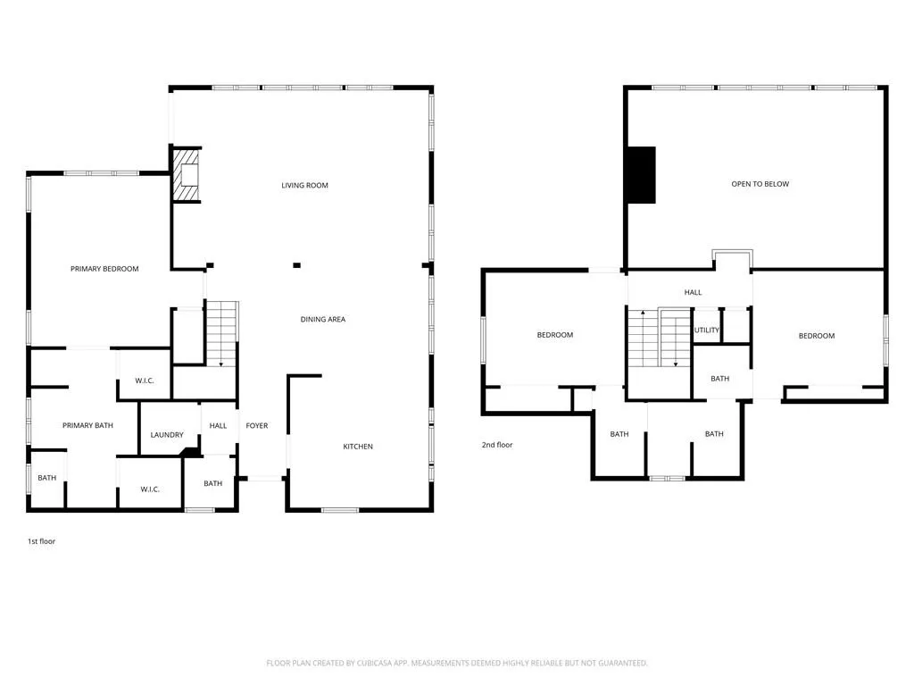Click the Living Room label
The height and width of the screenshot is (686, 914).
(304, 186)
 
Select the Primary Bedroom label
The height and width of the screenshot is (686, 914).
(104, 269)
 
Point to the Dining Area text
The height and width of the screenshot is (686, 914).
(322, 320)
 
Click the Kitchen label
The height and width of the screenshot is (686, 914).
(358, 447)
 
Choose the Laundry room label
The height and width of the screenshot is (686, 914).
(167, 436)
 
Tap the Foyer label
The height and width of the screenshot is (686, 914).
(257, 426)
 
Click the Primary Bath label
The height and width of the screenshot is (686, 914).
(87, 426)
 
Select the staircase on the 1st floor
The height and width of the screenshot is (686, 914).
(222, 332)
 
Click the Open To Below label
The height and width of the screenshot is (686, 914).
(760, 184)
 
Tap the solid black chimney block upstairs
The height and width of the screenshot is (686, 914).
(641, 174)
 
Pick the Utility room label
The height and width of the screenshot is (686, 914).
(707, 330)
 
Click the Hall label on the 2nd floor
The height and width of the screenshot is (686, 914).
(693, 293)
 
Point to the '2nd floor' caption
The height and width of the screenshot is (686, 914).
(497, 445)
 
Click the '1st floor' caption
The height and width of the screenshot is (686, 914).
(41, 541)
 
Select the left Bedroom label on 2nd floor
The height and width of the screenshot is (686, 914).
(554, 335)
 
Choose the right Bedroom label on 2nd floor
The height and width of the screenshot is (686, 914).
(816, 336)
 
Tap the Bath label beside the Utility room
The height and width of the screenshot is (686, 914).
(719, 379)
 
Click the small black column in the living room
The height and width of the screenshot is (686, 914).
(296, 264)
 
